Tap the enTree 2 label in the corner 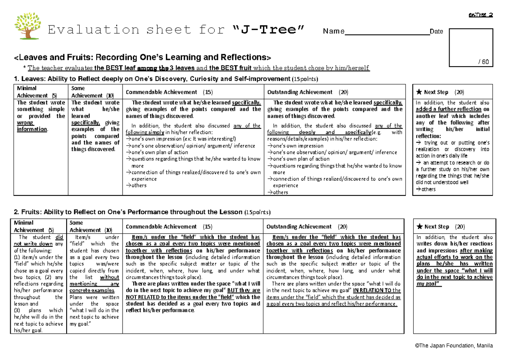[480, 15]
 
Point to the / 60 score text [483, 62]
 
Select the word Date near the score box [436, 31]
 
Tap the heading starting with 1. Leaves [165, 79]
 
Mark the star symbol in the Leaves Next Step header [419, 92]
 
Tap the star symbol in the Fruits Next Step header [419, 227]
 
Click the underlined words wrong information [32, 126]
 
